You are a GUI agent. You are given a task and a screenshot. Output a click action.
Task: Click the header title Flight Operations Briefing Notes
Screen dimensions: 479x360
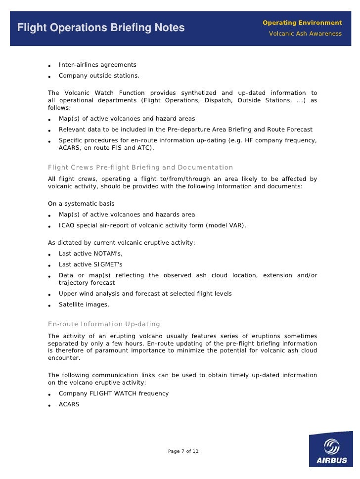(x=101, y=28)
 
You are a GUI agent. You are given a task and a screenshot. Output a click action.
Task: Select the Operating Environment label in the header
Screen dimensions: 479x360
(x=302, y=23)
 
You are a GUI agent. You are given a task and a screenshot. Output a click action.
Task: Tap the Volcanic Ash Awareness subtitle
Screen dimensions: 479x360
(x=305, y=34)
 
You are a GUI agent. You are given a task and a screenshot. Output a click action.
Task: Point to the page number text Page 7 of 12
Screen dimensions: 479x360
(x=183, y=451)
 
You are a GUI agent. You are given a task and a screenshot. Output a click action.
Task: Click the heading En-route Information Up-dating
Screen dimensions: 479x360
(x=104, y=324)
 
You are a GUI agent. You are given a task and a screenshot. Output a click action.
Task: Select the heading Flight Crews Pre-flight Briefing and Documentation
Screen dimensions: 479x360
(x=140, y=167)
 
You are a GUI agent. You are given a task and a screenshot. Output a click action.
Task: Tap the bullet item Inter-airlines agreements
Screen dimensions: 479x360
(x=97, y=65)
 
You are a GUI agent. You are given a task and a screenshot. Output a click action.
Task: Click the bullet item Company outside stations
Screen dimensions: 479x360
(x=99, y=76)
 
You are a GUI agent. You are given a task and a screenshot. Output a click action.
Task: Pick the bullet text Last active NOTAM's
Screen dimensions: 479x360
(x=90, y=253)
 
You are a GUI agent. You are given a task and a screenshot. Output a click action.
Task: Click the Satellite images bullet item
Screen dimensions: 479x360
(x=84, y=305)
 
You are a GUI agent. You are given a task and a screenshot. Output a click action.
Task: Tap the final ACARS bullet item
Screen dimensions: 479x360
(x=69, y=404)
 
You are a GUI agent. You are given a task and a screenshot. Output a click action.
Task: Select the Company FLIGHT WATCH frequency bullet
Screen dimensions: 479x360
(x=114, y=393)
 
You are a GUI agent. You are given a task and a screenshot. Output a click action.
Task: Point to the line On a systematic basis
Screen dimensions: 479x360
(x=81, y=204)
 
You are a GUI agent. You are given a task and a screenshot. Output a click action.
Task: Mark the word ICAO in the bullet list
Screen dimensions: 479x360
(x=67, y=225)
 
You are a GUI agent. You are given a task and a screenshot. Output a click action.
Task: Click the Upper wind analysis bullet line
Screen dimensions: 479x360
(x=145, y=294)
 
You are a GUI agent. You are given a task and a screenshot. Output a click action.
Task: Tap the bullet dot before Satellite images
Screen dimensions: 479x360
(x=50, y=305)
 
